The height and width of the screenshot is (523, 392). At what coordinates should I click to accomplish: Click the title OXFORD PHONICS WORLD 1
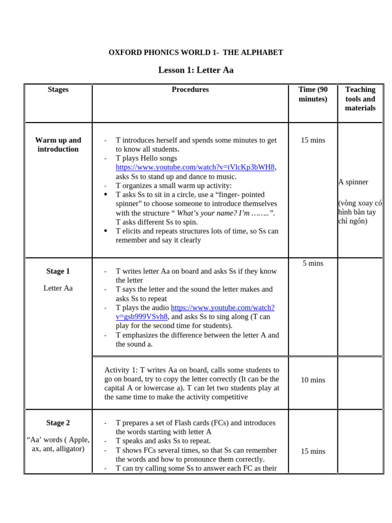click(x=195, y=53)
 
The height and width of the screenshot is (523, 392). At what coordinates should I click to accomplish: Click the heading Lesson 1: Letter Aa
click(x=195, y=70)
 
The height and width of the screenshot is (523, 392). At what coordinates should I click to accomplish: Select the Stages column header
click(x=58, y=90)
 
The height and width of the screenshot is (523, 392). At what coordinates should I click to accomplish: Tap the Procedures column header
click(x=190, y=90)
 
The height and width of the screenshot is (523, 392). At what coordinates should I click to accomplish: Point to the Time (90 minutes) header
click(x=313, y=94)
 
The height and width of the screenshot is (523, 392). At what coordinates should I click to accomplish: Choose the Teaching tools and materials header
click(x=360, y=99)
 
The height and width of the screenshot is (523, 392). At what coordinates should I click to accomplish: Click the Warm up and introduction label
click(x=58, y=145)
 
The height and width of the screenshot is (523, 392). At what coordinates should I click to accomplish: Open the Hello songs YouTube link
click(x=195, y=168)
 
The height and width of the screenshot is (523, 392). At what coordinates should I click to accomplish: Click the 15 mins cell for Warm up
click(x=313, y=140)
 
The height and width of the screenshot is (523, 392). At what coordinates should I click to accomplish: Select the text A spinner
click(x=353, y=182)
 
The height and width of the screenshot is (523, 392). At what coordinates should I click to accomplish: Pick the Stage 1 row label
click(x=58, y=271)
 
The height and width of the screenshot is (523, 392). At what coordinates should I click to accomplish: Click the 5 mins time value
click(x=313, y=264)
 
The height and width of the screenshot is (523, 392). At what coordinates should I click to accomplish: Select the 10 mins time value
click(x=313, y=380)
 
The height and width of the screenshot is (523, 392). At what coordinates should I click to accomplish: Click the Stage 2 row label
click(x=58, y=423)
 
